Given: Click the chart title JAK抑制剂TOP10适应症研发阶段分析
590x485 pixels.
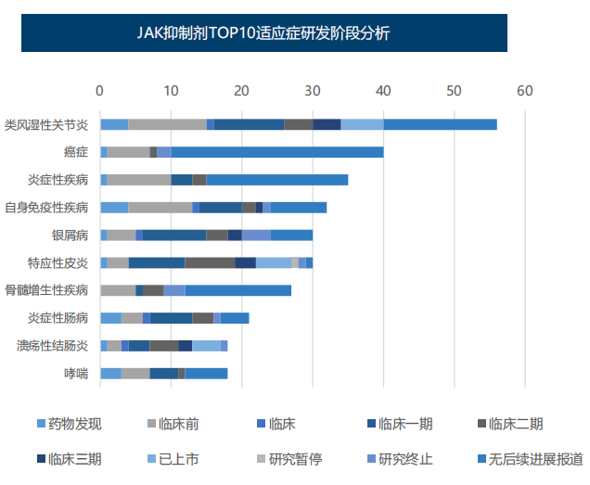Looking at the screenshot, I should [263, 34].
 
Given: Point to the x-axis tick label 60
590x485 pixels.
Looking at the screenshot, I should [525, 91].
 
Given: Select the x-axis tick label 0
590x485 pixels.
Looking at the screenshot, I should [100, 91].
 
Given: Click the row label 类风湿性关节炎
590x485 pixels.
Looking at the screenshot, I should [46, 124].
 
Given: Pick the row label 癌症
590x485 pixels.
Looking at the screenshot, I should [76, 152].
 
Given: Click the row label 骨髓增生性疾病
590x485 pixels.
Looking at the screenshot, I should [46, 290].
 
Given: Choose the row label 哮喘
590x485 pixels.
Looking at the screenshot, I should [76, 374].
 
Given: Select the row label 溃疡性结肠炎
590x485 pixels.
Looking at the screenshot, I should [53, 346].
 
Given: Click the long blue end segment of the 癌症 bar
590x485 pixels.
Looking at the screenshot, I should [277, 152].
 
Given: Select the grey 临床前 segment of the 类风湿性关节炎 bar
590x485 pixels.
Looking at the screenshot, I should [167, 124].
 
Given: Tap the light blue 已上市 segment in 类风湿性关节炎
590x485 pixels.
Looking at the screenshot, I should [362, 124].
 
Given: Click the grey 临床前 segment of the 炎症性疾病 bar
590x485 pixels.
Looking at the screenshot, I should [139, 180].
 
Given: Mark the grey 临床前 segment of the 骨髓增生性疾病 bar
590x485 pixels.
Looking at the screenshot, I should [118, 290].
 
